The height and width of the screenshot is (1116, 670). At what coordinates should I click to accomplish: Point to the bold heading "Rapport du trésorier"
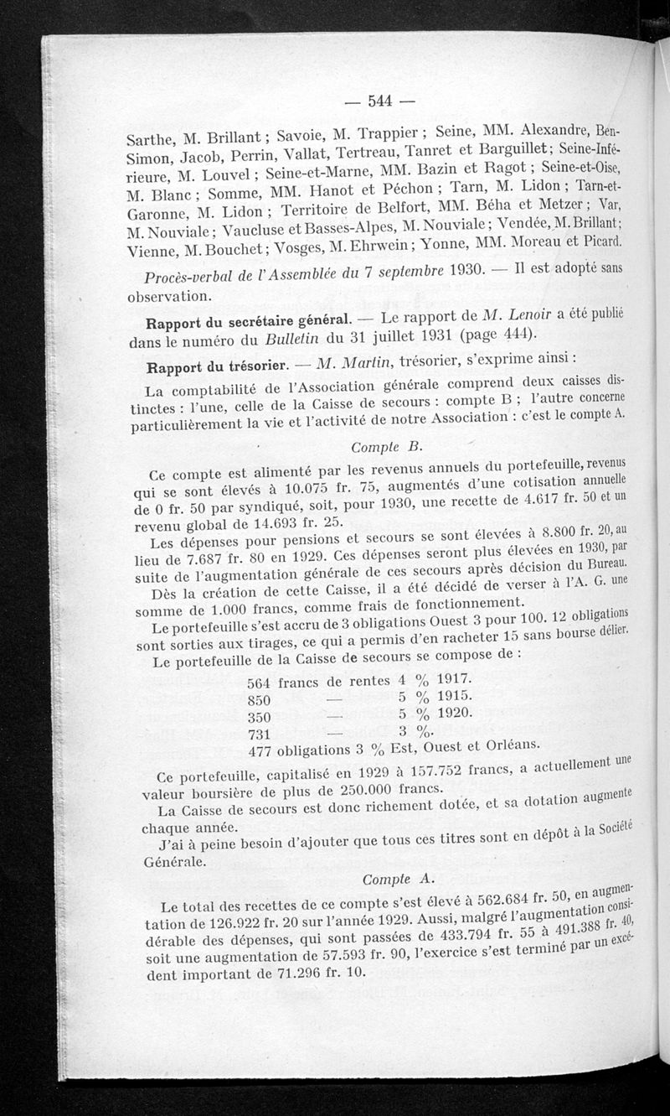pyautogui.click(x=217, y=366)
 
